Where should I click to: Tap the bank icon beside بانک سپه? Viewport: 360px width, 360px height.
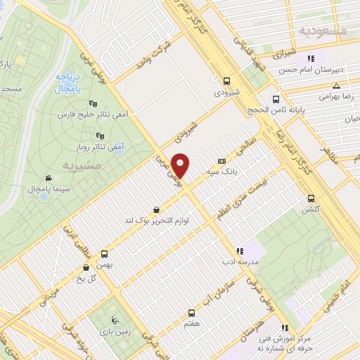coord(222,160)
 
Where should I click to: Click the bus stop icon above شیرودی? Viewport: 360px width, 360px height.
coord(226,81)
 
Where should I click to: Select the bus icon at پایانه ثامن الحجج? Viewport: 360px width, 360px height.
coord(275,99)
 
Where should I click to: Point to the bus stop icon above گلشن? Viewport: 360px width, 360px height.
coord(309,198)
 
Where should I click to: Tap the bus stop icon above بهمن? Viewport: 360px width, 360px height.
coord(105,254)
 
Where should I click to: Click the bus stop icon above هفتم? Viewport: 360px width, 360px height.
coord(191,313)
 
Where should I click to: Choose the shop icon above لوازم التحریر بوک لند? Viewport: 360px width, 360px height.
coord(155,209)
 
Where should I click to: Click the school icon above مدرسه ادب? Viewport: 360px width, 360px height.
coord(239,250)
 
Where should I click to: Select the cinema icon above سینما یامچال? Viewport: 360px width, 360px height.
coord(47,178)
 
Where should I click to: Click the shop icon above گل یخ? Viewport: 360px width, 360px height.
coord(86,267)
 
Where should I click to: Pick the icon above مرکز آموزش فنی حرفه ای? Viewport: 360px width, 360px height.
coord(285,328)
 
